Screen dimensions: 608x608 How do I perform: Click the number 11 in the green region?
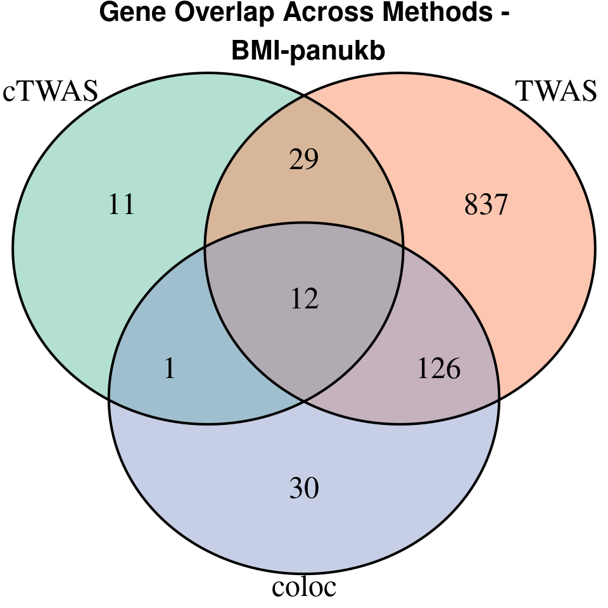tap(122, 205)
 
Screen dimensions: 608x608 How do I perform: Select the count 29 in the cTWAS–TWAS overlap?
tap(304, 160)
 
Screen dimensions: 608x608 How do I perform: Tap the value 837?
tap(486, 205)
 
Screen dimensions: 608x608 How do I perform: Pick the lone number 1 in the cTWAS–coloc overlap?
tap(169, 369)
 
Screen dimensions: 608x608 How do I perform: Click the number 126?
tap(438, 369)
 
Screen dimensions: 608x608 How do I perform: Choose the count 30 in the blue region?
tap(304, 488)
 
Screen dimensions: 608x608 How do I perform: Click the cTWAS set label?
tap(51, 92)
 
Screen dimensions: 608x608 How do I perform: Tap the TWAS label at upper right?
tap(557, 92)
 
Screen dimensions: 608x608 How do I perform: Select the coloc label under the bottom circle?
tap(304, 587)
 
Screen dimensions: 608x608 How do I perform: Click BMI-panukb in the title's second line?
tap(308, 52)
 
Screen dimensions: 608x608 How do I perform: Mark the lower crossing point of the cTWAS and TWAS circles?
tap(304, 400)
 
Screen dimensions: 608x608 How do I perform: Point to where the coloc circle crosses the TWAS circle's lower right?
tap(499, 398)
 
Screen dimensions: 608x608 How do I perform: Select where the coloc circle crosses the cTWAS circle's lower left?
tap(109, 398)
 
